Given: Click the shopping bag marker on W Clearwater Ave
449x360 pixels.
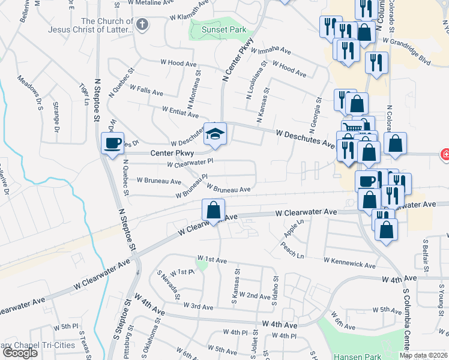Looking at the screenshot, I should click(213, 211).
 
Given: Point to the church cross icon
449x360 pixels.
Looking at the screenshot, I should click(142, 25).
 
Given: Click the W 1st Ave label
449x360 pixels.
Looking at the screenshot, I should click(212, 260).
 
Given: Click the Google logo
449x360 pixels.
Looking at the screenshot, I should click(20, 353).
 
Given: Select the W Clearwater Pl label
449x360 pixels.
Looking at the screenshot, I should click(190, 163).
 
